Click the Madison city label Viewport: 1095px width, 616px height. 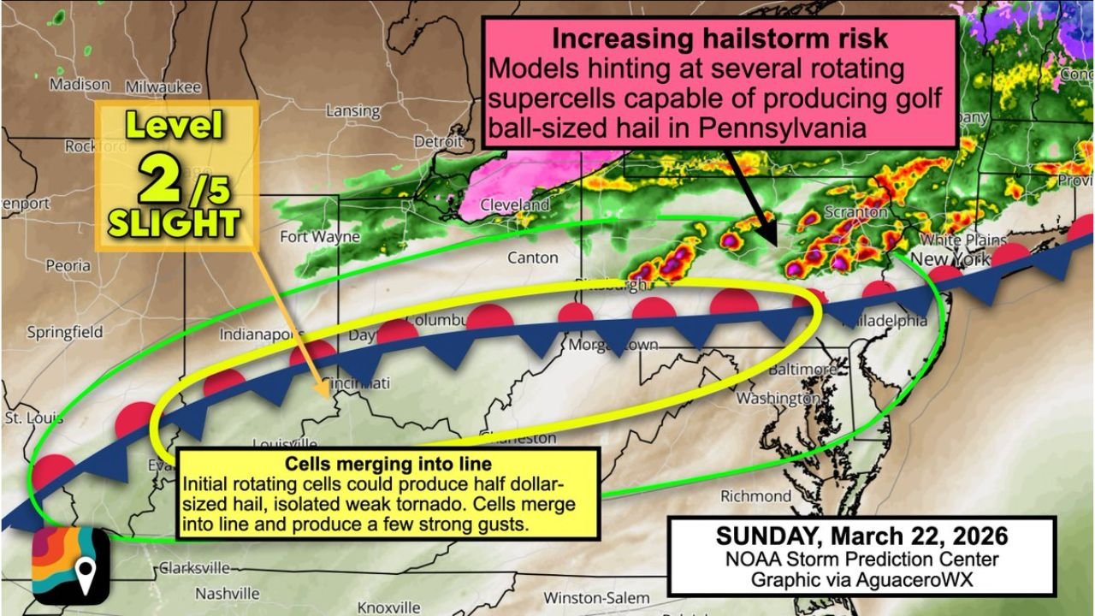[x=80, y=85]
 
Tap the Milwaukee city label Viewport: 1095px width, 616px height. [x=163, y=87]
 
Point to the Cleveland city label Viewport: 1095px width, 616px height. [x=514, y=206]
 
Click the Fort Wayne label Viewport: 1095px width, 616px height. [x=320, y=237]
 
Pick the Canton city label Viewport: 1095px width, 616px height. [x=532, y=258]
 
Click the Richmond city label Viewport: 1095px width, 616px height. [x=755, y=496]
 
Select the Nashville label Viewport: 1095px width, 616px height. [x=228, y=593]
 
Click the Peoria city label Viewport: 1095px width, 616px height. [x=68, y=266]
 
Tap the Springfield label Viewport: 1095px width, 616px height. [x=65, y=332]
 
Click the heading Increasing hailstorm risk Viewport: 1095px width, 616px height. [x=719, y=39]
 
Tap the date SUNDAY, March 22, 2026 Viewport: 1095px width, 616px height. [x=861, y=536]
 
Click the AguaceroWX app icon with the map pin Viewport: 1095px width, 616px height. [x=71, y=566]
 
